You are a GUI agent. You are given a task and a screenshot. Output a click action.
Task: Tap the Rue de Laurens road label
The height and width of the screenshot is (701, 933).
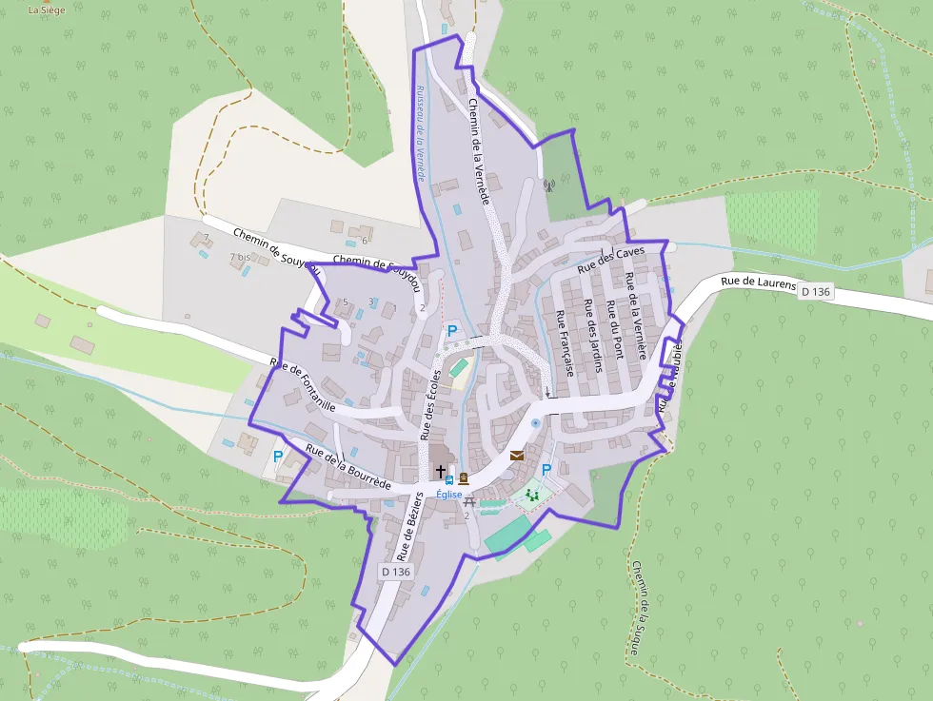(758, 282)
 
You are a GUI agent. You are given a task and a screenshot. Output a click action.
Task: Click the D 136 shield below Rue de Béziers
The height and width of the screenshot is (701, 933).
(395, 572)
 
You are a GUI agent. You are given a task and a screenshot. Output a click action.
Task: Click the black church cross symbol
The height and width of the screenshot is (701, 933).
(440, 470)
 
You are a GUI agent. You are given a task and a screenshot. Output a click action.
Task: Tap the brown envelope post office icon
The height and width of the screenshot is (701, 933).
(517, 456)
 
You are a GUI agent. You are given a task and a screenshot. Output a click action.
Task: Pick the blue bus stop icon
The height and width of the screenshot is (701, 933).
(449, 480)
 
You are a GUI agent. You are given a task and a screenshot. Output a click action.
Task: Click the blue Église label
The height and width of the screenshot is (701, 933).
(448, 495)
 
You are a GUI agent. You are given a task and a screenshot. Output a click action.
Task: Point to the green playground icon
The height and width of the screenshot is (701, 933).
(531, 494)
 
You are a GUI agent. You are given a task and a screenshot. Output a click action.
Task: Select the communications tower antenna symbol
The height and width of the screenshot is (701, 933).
(547, 185)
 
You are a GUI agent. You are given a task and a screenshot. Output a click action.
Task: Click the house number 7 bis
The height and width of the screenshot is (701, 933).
(239, 258)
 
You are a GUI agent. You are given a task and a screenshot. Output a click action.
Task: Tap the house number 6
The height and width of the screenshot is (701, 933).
(364, 240)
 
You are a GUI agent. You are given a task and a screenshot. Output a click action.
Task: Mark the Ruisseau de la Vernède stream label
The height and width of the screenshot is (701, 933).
(419, 134)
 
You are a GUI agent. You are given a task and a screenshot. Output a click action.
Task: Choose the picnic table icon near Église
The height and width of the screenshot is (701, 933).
(468, 501)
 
